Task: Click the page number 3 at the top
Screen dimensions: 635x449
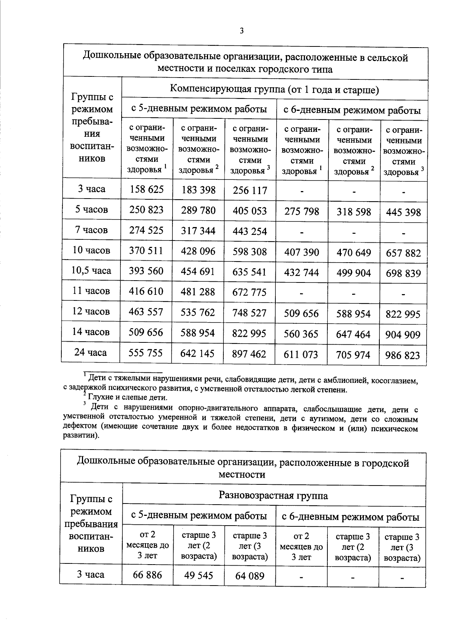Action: (x=242, y=31)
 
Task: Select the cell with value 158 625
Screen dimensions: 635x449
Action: (x=147, y=189)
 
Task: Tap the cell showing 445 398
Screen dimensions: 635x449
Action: (x=403, y=212)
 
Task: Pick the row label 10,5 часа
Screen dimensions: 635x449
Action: (x=91, y=270)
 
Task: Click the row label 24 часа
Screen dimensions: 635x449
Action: (x=91, y=353)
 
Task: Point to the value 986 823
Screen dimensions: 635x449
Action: (x=403, y=355)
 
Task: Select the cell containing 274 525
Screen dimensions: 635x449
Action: (x=146, y=230)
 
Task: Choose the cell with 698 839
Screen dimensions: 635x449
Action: (x=403, y=273)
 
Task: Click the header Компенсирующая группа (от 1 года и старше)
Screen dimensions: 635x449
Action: (x=275, y=90)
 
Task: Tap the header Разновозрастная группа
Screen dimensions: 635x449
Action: (x=274, y=496)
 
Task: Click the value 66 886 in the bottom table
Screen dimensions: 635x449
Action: (x=147, y=575)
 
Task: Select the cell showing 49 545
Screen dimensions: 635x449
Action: (x=198, y=575)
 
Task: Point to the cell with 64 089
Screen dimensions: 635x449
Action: (x=250, y=576)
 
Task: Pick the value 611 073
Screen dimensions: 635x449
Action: (x=301, y=354)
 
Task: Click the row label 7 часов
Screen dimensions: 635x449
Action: (x=91, y=230)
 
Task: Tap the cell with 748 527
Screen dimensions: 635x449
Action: (x=250, y=313)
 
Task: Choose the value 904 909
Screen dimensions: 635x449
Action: (x=403, y=335)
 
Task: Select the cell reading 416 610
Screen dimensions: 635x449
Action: (x=146, y=291)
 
